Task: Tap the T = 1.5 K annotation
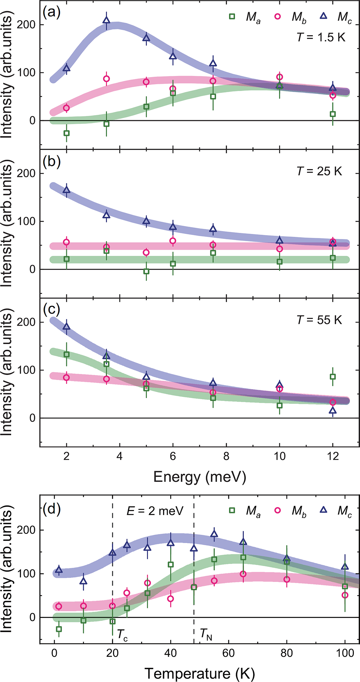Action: tap(320, 37)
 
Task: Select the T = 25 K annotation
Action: tap(319, 171)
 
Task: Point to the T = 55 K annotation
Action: tap(319, 320)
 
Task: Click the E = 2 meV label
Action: tap(155, 511)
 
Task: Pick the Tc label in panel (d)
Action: tap(122, 634)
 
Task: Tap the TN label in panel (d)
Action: tap(206, 634)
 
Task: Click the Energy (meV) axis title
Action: tap(200, 477)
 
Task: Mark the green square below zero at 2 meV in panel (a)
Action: tap(67, 133)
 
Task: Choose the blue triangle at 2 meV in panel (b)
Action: tap(67, 190)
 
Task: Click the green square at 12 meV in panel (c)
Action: tap(333, 377)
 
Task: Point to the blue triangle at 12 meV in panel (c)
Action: tap(333, 410)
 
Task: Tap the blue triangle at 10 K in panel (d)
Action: tap(84, 581)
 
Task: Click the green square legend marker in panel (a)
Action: tap(232, 16)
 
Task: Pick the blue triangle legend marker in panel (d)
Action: tap(323, 510)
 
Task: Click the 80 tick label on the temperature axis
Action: tap(287, 653)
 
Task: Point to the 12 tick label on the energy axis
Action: tap(333, 457)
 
